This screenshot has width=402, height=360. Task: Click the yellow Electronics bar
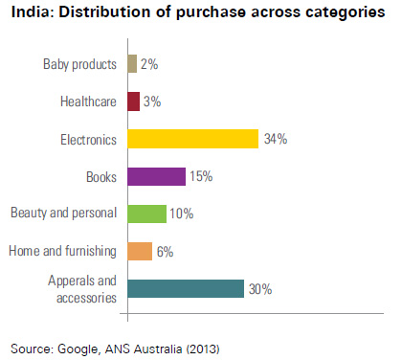point(192,139)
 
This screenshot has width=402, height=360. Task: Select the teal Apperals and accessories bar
point(185,288)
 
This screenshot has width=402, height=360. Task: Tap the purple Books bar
point(156,176)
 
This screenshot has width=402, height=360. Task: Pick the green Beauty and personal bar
point(146,214)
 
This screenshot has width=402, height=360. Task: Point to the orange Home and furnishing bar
point(139,251)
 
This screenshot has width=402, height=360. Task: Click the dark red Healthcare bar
point(133,101)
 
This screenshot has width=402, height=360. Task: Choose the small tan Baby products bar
point(131,64)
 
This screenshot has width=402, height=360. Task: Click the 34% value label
point(276,140)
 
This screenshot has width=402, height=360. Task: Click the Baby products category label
point(79,65)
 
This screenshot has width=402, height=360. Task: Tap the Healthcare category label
point(88,102)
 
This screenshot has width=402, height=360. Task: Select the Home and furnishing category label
point(62,252)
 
